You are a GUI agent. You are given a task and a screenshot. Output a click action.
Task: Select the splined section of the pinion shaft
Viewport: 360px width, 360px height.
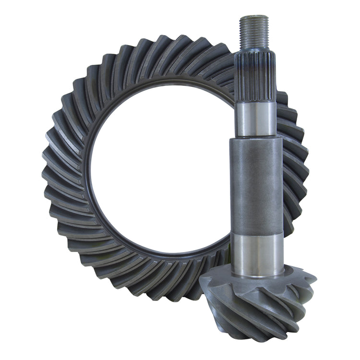pos(255,77)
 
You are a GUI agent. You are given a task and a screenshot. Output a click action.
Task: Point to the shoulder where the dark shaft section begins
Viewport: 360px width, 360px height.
pos(255,138)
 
